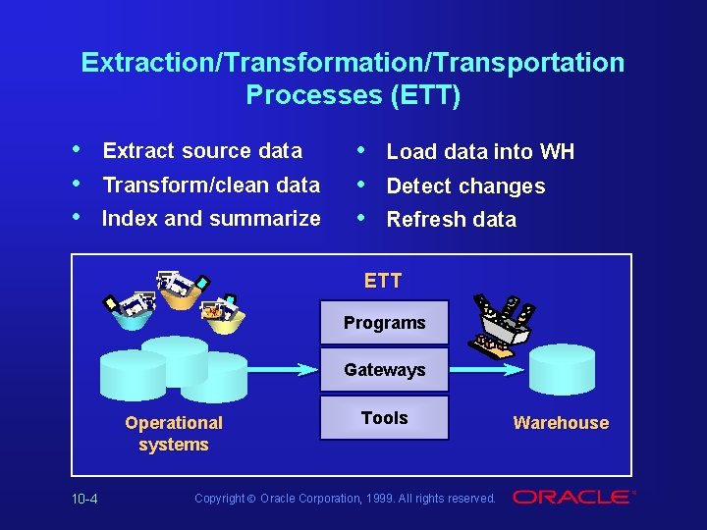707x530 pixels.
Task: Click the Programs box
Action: click(x=384, y=323)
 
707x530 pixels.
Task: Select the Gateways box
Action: click(x=384, y=370)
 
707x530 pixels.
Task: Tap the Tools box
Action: click(x=384, y=418)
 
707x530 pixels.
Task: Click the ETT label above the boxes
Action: click(x=383, y=281)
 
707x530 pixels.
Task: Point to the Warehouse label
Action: click(x=561, y=423)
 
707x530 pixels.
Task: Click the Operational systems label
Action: click(x=174, y=433)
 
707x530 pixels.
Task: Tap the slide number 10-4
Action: click(x=84, y=499)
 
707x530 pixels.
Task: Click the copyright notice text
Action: click(x=345, y=499)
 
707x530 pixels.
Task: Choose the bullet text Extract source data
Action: click(x=202, y=151)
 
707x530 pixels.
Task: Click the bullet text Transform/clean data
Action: click(x=211, y=185)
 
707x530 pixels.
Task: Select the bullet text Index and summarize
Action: click(x=211, y=218)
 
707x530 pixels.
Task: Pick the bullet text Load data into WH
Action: click(x=480, y=152)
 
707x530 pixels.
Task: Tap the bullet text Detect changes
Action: click(x=465, y=186)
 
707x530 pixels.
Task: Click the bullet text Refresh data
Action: click(x=451, y=220)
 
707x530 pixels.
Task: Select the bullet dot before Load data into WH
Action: click(x=362, y=150)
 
